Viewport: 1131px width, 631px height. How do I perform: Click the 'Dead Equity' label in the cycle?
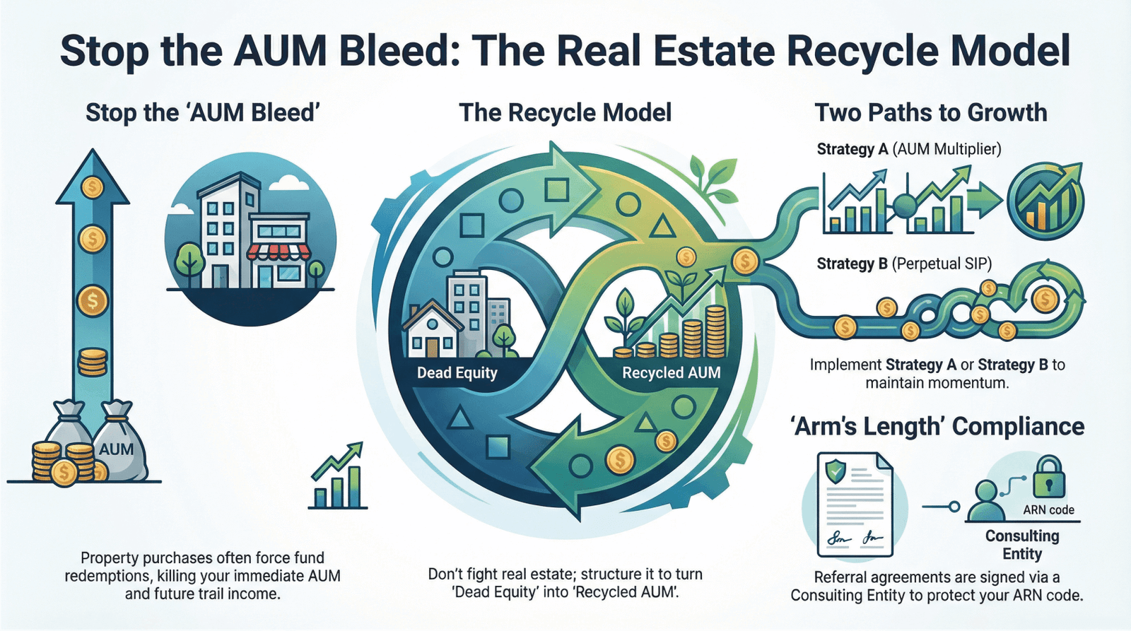(x=457, y=373)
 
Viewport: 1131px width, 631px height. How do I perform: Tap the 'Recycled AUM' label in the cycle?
(x=671, y=373)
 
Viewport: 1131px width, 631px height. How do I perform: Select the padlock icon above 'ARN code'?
(x=1049, y=478)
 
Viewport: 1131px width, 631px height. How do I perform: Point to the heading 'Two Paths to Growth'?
(x=930, y=113)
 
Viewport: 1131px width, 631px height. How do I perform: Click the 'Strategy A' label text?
(x=852, y=149)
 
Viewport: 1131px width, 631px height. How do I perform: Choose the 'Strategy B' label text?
(x=852, y=264)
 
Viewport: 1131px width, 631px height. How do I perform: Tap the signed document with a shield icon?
(x=854, y=505)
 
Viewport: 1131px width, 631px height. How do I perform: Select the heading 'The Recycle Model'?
(x=565, y=113)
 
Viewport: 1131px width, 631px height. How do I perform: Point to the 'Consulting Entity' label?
(x=1022, y=545)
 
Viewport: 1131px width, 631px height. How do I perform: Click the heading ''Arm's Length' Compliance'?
(x=937, y=427)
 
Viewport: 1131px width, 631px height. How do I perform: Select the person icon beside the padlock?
(x=986, y=500)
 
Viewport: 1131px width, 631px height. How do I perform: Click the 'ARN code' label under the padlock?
(x=1048, y=510)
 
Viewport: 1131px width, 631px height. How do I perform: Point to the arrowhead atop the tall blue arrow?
(x=93, y=177)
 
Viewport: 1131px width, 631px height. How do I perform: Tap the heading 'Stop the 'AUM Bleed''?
(x=202, y=113)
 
